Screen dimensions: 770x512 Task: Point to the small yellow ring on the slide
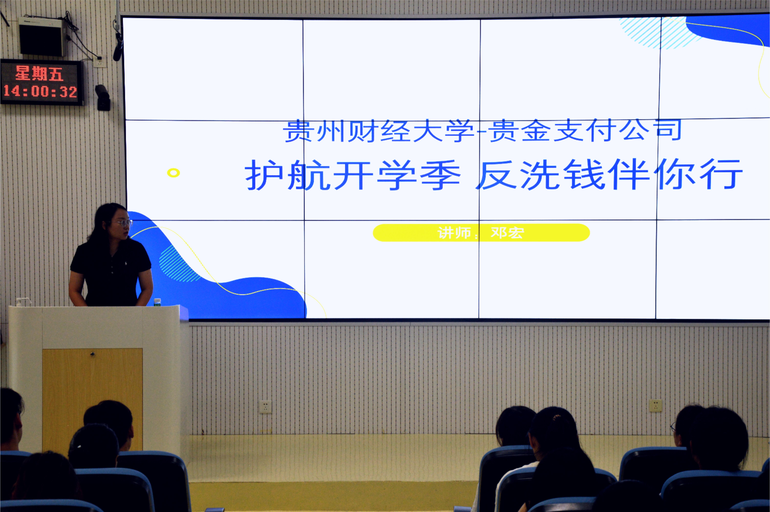[173, 173]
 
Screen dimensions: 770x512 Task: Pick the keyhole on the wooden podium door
[92, 354]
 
